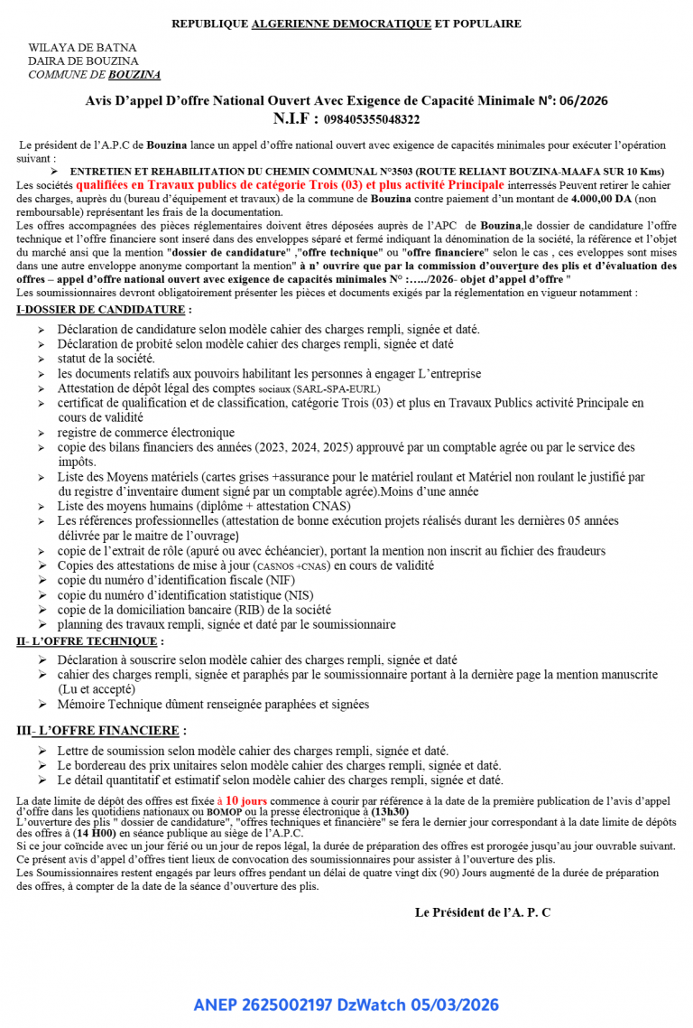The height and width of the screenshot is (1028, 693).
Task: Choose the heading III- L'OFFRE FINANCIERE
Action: pyautogui.click(x=102, y=730)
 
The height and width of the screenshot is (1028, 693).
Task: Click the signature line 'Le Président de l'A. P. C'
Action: pyautogui.click(x=483, y=912)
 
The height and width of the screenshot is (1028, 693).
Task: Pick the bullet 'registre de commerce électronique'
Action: pyautogui.click(x=145, y=433)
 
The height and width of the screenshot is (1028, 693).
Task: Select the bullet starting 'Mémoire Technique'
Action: pyautogui.click(x=213, y=705)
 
